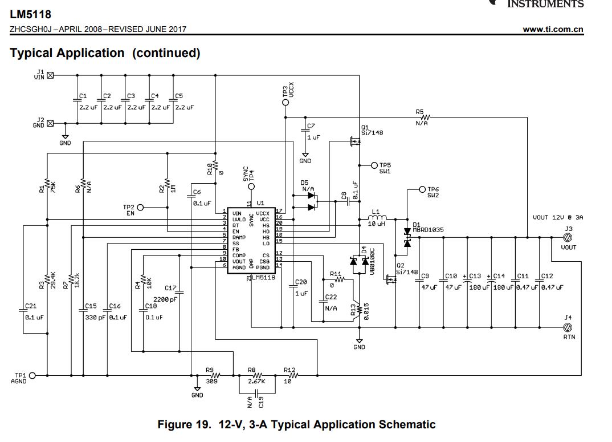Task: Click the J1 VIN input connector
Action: (x=50, y=75)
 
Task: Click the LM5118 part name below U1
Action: (x=263, y=278)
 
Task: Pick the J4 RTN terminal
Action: (x=568, y=327)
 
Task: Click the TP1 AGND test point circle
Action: (x=32, y=375)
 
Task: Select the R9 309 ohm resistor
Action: (x=214, y=375)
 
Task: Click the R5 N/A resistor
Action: (x=422, y=117)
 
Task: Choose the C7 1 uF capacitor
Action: (x=305, y=132)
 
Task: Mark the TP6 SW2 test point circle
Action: (x=422, y=189)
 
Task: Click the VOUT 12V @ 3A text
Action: (x=558, y=217)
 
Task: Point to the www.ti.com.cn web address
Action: (x=553, y=30)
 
